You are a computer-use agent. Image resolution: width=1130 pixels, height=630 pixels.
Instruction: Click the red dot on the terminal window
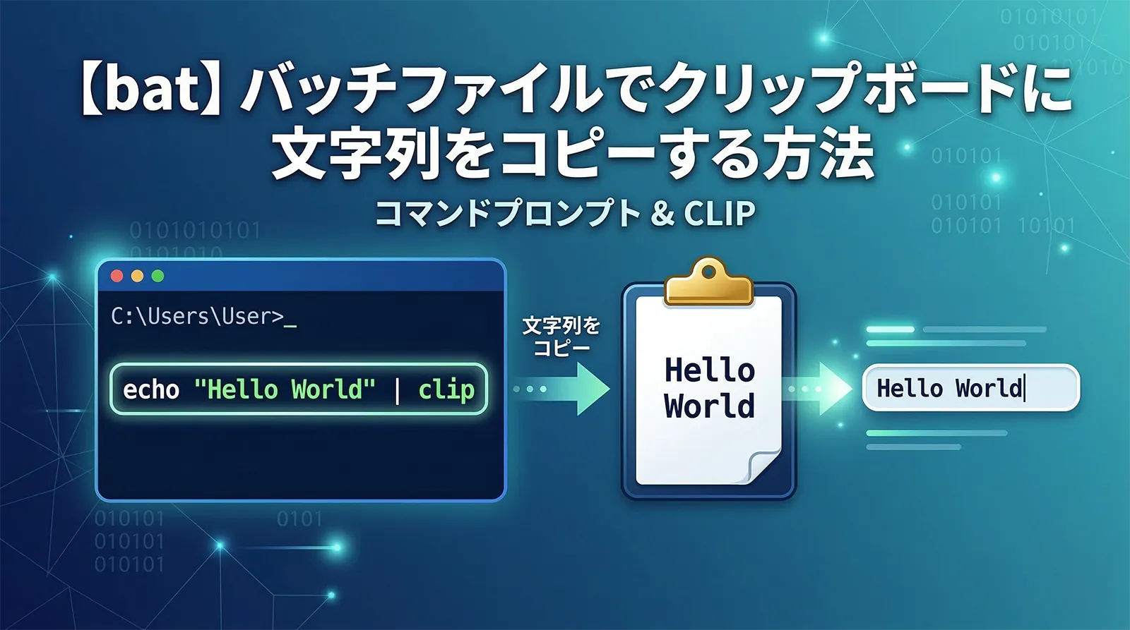(x=117, y=276)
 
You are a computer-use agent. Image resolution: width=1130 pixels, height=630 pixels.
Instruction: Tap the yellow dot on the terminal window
(x=138, y=276)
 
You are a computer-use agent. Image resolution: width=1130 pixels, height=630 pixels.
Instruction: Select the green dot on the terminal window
(x=158, y=276)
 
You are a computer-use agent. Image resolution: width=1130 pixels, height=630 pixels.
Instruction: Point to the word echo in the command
(x=151, y=389)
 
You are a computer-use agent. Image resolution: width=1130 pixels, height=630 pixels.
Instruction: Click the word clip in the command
(x=446, y=389)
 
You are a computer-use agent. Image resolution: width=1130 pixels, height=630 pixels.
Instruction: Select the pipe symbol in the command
(x=397, y=389)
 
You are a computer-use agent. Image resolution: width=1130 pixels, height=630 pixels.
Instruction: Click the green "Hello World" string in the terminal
(x=284, y=389)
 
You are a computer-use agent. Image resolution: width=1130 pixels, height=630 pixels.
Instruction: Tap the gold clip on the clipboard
(x=709, y=283)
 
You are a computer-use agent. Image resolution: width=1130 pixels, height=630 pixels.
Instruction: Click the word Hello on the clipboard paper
(x=709, y=370)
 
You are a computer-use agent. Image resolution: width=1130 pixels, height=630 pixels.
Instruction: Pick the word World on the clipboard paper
(x=709, y=407)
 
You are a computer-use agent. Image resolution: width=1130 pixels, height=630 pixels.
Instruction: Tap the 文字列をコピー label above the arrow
(x=561, y=337)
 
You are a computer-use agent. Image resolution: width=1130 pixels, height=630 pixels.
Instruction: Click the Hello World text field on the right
(x=970, y=388)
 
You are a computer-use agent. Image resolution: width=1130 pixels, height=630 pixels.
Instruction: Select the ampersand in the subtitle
(x=662, y=214)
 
